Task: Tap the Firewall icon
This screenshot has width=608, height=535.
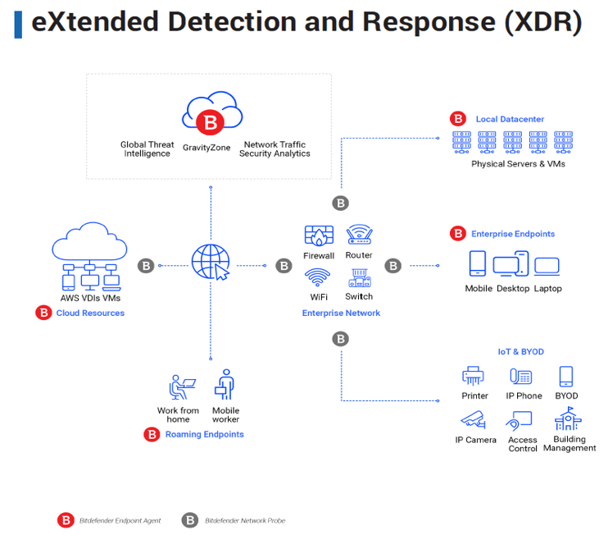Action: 318,235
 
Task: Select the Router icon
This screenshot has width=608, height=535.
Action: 359,235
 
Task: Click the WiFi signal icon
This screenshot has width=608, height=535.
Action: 318,277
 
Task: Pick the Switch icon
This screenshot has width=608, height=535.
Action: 359,277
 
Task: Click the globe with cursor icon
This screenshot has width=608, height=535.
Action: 210,263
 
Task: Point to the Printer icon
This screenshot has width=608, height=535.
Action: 474,377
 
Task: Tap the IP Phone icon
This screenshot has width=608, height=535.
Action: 521,377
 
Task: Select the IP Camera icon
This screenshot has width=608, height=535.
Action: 474,420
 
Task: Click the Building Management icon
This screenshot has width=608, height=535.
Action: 568,420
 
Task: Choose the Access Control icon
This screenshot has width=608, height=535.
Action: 520,420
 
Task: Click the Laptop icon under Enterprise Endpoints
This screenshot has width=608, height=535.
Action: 547,266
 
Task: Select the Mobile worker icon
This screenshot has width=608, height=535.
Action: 225,385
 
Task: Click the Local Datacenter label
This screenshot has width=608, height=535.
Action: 510,119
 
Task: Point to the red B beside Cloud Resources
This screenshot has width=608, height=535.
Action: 43,313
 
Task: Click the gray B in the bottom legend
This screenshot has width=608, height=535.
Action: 190,520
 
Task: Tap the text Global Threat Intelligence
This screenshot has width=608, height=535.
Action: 147,149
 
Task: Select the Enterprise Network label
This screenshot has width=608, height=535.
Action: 341,313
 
